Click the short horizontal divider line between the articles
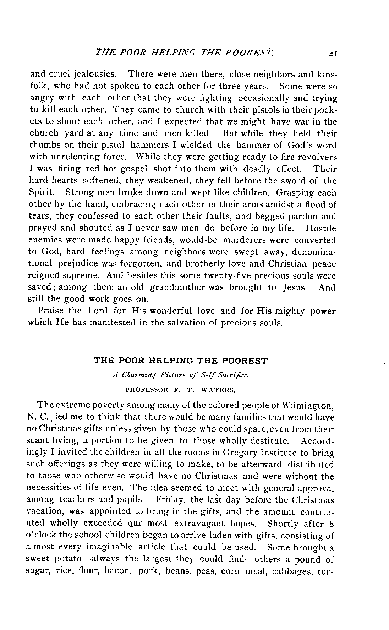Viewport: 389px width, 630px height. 182,343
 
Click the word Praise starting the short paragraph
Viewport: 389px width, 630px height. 51,311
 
